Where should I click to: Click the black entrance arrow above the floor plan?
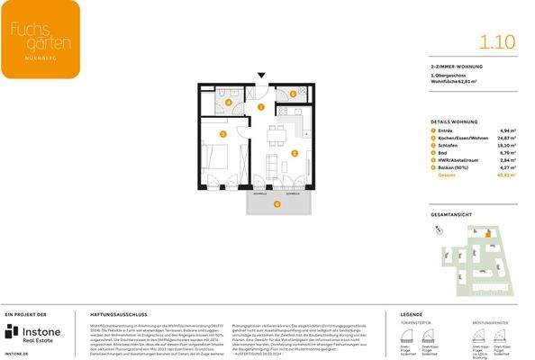[261, 77]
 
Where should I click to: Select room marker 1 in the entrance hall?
[260, 107]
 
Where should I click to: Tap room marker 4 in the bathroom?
[228, 103]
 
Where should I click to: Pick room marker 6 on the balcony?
[277, 203]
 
